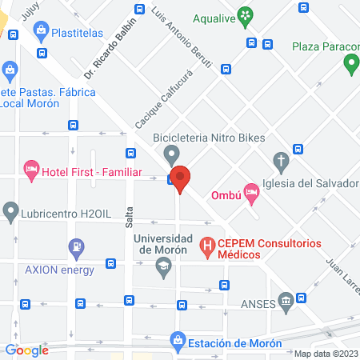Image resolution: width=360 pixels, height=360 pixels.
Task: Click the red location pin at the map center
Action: (181, 178)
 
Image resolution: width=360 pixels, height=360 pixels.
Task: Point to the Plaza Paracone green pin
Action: (350, 64)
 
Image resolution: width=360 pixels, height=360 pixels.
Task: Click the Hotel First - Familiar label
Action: (91, 171)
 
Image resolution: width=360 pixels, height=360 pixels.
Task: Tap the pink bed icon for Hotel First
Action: (31, 168)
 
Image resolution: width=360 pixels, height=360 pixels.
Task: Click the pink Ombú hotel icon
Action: (251, 190)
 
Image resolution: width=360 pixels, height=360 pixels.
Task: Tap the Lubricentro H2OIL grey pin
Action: (10, 211)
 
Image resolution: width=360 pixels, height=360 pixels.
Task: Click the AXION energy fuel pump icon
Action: (77, 247)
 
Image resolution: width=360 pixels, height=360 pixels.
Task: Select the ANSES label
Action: (258, 305)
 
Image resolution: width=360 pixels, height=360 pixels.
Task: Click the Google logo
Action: (26, 350)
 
